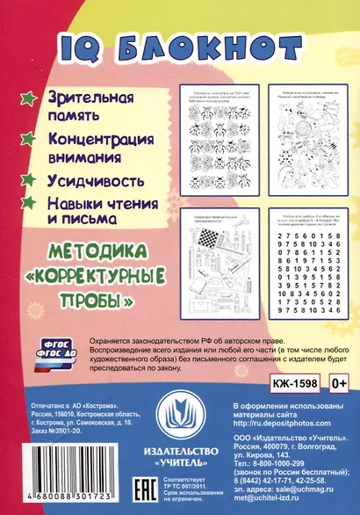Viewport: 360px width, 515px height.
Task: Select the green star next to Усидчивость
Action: (x=26, y=175)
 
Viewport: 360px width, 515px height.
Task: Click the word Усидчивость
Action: (x=84, y=177)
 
